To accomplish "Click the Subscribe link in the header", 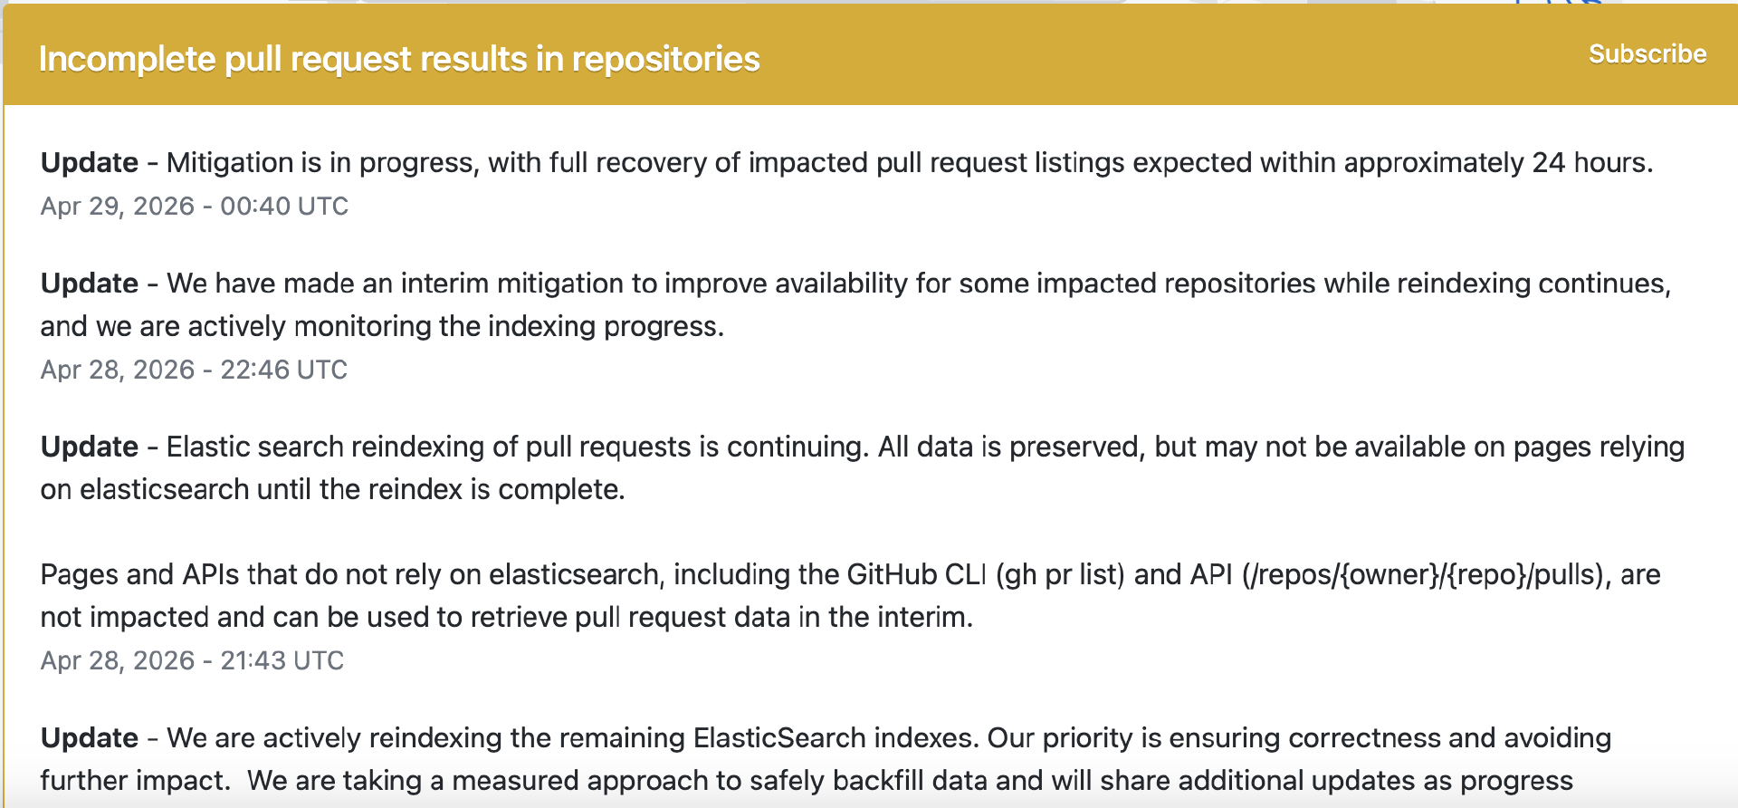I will coord(1647,54).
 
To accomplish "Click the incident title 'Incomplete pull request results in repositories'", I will coord(399,59).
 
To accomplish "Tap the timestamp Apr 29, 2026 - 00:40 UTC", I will coord(195,207).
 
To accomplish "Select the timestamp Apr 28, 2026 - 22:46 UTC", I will coord(194,370).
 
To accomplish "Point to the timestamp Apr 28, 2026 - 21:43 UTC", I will coord(192,660).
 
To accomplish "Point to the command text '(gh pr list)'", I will coord(1060,574).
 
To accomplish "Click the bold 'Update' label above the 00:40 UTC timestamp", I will coord(90,163).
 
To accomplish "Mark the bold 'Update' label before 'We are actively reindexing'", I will coord(90,738).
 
